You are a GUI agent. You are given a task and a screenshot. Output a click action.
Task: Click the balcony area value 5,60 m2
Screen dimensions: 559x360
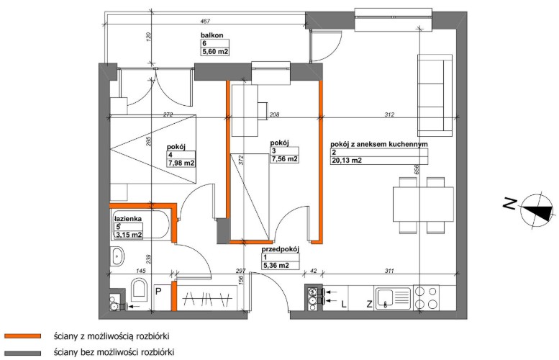[x=215, y=52]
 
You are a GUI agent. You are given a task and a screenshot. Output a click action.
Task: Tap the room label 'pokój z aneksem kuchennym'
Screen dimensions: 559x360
[x=379, y=145]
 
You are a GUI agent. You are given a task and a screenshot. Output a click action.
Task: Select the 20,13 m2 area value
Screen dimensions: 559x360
[x=347, y=161]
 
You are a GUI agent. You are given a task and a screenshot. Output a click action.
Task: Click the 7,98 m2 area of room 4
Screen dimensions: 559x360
[x=181, y=163]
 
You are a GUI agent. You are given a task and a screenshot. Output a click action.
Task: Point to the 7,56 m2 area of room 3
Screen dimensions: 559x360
[x=284, y=159]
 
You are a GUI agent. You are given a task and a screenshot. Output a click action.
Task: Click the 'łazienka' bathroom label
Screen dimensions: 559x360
[x=127, y=219]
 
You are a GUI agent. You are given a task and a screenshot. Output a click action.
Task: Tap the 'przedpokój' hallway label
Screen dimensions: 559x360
[x=280, y=249]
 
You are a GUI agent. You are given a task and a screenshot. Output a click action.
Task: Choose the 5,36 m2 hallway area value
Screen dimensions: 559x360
[x=276, y=266]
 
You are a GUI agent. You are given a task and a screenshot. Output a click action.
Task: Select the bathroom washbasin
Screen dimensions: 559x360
[x=117, y=256]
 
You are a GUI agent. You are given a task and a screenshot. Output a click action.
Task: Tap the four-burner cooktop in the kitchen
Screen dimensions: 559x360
[x=427, y=297]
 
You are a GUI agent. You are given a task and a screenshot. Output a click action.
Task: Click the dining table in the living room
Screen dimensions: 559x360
[x=423, y=204]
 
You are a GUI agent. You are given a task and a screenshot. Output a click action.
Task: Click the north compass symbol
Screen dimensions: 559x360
[x=537, y=210]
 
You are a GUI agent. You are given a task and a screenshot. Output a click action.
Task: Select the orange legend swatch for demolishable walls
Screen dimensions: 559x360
[x=23, y=336]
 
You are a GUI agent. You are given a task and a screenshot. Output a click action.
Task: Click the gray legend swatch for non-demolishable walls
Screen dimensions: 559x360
[x=23, y=353]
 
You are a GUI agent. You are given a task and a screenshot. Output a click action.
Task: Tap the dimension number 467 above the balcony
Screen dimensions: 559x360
[x=205, y=22]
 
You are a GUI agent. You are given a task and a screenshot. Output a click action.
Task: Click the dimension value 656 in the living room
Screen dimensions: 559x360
[x=417, y=169]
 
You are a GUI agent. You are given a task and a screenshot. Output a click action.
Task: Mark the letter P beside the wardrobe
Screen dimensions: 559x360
[x=158, y=292]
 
